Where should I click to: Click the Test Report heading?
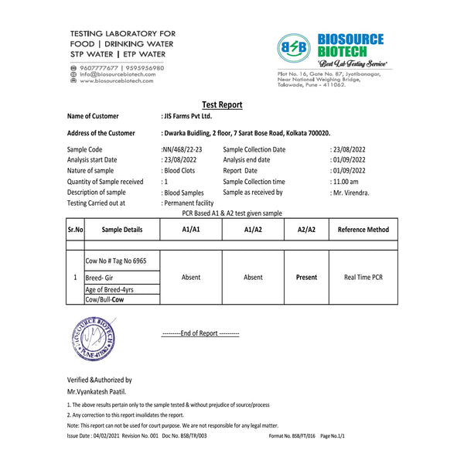pyautogui.click(x=222, y=105)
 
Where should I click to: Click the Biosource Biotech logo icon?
pyautogui.click(x=293, y=47)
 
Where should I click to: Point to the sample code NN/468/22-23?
pyautogui.click(x=182, y=149)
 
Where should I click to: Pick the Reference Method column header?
pyautogui.click(x=363, y=230)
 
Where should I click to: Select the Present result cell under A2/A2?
pyautogui.click(x=306, y=277)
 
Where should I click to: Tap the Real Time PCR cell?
pyautogui.click(x=363, y=277)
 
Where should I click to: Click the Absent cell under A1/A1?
pyautogui.click(x=191, y=277)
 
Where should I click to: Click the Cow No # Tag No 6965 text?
pyautogui.click(x=115, y=261)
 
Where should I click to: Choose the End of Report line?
pyautogui.click(x=200, y=333)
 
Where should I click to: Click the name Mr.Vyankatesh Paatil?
pyautogui.click(x=97, y=392)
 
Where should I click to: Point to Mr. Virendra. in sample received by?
pyautogui.click(x=350, y=193)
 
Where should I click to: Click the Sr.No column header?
pyautogui.click(x=74, y=230)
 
